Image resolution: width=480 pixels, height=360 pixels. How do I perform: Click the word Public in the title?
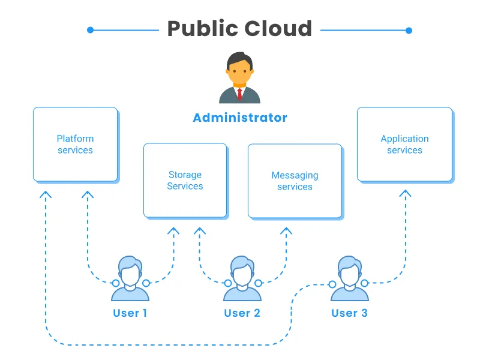[x=201, y=29]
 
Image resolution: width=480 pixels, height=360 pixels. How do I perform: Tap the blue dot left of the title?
[x=90, y=30]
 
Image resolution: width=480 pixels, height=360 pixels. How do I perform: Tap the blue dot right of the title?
[x=409, y=30]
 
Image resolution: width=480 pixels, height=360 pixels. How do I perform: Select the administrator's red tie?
[x=239, y=94]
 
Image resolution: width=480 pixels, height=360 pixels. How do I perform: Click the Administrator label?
[x=240, y=118]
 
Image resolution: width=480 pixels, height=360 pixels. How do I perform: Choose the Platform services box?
[x=75, y=144]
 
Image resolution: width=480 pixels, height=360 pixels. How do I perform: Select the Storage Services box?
[x=185, y=180]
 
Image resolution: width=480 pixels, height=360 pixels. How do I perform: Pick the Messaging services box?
[x=295, y=181]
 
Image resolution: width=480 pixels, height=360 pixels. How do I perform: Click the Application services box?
[x=404, y=144]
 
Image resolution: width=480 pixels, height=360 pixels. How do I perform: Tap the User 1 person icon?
[x=130, y=278]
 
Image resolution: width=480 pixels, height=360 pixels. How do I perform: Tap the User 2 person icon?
[x=242, y=278]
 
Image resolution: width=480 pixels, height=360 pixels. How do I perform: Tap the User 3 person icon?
[x=349, y=278]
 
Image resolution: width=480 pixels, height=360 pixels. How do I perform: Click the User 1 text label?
[x=130, y=313]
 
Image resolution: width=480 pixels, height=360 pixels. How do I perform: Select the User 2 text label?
[x=242, y=313]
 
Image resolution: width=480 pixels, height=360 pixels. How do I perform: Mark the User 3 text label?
[x=349, y=313]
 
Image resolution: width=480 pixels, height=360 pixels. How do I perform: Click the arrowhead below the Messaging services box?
[x=286, y=230]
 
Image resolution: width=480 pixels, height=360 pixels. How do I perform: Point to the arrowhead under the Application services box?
[x=406, y=194]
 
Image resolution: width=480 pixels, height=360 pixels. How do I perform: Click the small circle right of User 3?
[x=366, y=283]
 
